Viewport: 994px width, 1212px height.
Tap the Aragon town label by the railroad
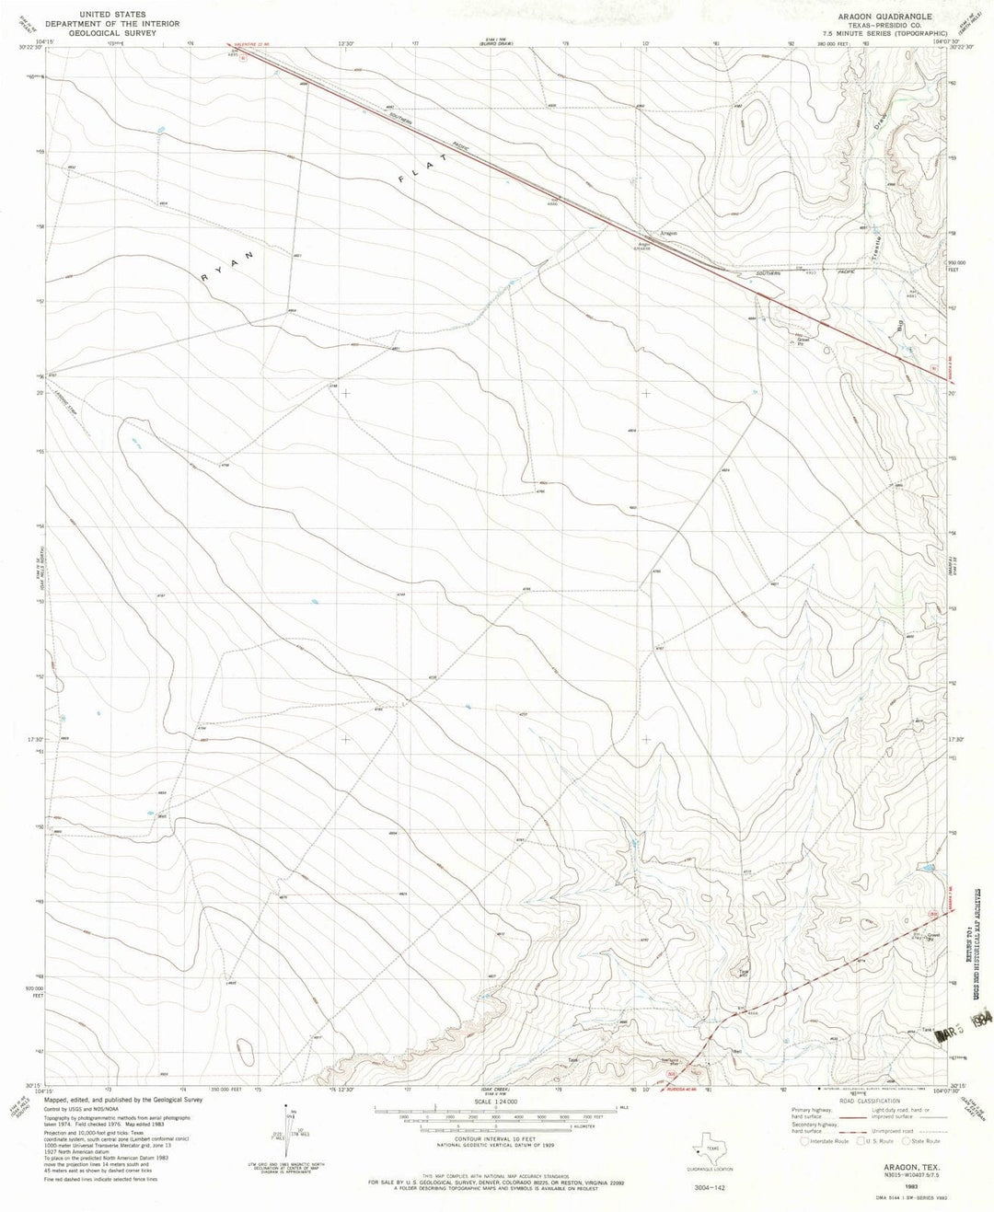(669, 234)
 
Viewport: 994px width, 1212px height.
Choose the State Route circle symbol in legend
(896, 1141)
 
